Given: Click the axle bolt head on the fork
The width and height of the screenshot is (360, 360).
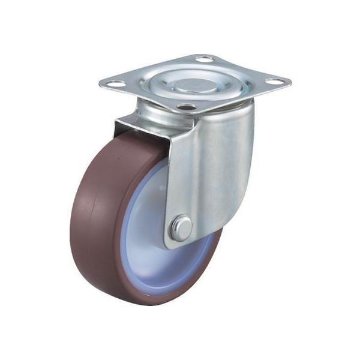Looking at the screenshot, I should tap(182, 228).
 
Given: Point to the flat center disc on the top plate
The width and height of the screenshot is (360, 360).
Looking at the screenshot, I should tap(194, 83).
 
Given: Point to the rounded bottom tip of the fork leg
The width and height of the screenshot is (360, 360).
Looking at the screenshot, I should tap(180, 243).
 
